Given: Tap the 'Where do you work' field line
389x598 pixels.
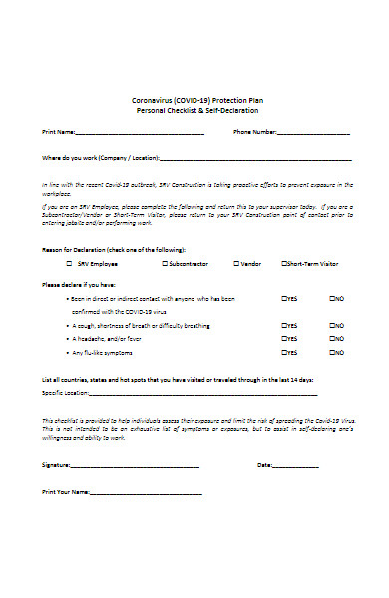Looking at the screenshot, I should [x=255, y=159].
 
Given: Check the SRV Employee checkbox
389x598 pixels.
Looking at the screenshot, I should [x=69, y=264].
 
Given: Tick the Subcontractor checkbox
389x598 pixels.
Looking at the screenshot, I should [x=164, y=264].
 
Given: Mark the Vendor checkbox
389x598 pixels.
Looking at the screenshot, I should [x=235, y=264].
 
